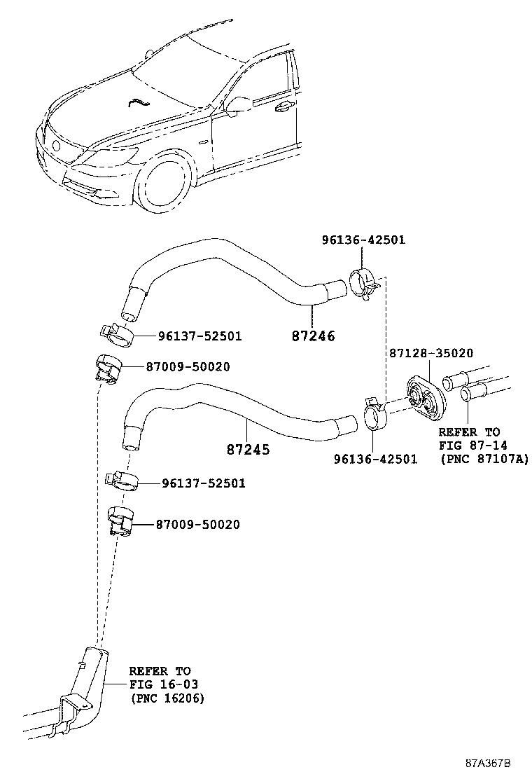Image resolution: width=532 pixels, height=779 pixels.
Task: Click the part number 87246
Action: point(313,336)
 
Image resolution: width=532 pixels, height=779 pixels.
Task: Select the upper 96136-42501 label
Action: point(363,240)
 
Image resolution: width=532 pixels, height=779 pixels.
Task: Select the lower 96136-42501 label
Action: point(375,460)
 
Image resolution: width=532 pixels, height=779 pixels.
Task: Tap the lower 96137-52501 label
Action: point(204,483)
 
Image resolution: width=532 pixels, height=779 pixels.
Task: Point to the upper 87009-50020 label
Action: point(188,367)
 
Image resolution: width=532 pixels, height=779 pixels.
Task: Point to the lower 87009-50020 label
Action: point(197,524)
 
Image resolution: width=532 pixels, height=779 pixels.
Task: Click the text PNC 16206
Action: point(167,698)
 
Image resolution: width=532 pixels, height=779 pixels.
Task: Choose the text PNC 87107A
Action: point(484,459)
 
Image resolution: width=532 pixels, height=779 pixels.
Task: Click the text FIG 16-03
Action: point(160,684)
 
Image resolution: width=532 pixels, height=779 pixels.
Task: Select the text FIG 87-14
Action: point(473,445)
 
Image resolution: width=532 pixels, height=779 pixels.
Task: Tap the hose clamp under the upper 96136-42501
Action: point(362,282)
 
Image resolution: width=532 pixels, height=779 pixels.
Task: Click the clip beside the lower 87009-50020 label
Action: point(120,523)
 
